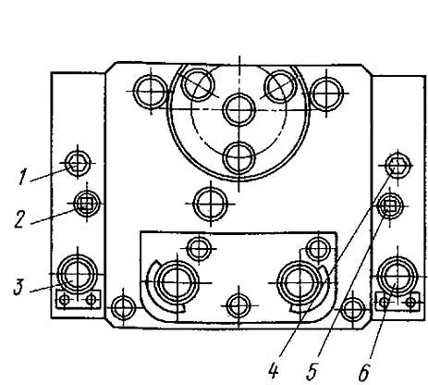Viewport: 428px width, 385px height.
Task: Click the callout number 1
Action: pyautogui.click(x=22, y=178)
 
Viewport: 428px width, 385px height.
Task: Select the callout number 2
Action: pyautogui.click(x=20, y=219)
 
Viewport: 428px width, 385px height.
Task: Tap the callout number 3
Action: pyautogui.click(x=18, y=287)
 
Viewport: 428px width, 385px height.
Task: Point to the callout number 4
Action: pyautogui.click(x=273, y=370)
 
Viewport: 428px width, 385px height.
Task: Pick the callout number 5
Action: pyautogui.click(x=312, y=371)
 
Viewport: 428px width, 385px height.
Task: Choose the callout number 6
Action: pyautogui.click(x=364, y=372)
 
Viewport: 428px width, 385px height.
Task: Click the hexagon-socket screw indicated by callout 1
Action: pyautogui.click(x=78, y=163)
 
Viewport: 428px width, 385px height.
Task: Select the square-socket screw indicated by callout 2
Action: pyautogui.click(x=87, y=204)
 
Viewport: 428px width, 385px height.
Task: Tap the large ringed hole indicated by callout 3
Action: pyautogui.click(x=78, y=274)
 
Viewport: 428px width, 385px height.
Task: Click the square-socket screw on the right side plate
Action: pyautogui.click(x=390, y=206)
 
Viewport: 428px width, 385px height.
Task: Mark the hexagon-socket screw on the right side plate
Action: pyautogui.click(x=398, y=166)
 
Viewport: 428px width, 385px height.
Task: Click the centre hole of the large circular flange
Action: pyautogui.click(x=239, y=109)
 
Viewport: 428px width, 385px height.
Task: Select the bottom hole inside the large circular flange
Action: pyautogui.click(x=239, y=157)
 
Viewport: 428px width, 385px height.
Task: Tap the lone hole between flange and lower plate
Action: pyautogui.click(x=211, y=204)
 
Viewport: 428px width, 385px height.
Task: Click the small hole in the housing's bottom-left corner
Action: pyautogui.click(x=123, y=308)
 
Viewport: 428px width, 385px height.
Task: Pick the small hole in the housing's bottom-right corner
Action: pyautogui.click(x=353, y=309)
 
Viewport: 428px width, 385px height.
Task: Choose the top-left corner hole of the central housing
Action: pyautogui.click(x=151, y=92)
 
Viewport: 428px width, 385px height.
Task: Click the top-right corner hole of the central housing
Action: pyautogui.click(x=326, y=93)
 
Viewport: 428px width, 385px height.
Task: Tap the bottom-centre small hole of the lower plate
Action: pyautogui.click(x=239, y=306)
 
